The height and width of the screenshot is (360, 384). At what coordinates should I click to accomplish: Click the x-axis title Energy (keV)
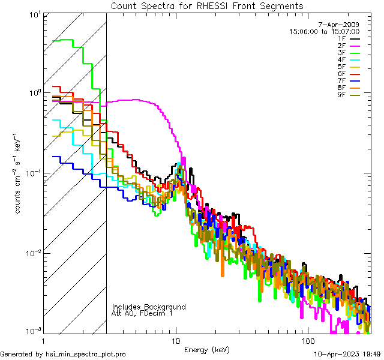(207, 350)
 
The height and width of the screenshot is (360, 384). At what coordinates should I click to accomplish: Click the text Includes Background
(149, 307)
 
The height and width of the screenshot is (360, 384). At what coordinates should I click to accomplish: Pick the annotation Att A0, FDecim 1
(142, 313)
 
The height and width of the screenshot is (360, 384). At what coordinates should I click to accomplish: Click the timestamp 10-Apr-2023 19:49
(347, 355)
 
